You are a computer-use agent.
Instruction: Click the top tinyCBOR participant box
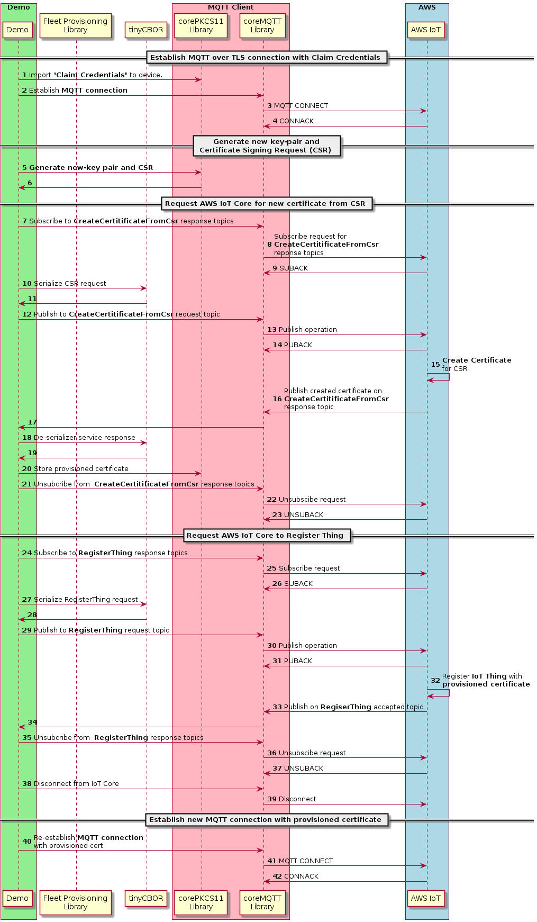[x=146, y=30]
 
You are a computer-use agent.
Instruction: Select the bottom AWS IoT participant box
[x=426, y=898]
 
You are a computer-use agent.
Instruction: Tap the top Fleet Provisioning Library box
[x=76, y=26]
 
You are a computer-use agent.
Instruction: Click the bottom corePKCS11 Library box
[x=201, y=902]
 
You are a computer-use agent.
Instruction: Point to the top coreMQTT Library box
[x=262, y=26]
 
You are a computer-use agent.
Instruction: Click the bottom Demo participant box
[x=17, y=898]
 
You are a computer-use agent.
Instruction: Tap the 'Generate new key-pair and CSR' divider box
[x=266, y=146]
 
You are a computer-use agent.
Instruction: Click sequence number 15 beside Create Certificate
[x=435, y=365]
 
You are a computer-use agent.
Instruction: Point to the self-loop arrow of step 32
[x=439, y=693]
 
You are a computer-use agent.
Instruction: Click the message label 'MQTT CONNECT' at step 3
[x=301, y=106]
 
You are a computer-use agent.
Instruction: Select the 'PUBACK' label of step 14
[x=298, y=345]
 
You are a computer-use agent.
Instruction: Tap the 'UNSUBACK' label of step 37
[x=304, y=769]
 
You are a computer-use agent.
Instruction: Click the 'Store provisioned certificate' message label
[x=81, y=469]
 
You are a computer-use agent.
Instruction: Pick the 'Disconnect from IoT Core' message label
[x=76, y=784]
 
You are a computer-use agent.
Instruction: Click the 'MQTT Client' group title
[x=231, y=7]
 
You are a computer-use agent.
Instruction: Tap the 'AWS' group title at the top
[x=427, y=7]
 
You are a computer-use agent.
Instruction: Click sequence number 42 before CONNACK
[x=277, y=876]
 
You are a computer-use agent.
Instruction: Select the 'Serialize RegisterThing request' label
[x=86, y=600]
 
